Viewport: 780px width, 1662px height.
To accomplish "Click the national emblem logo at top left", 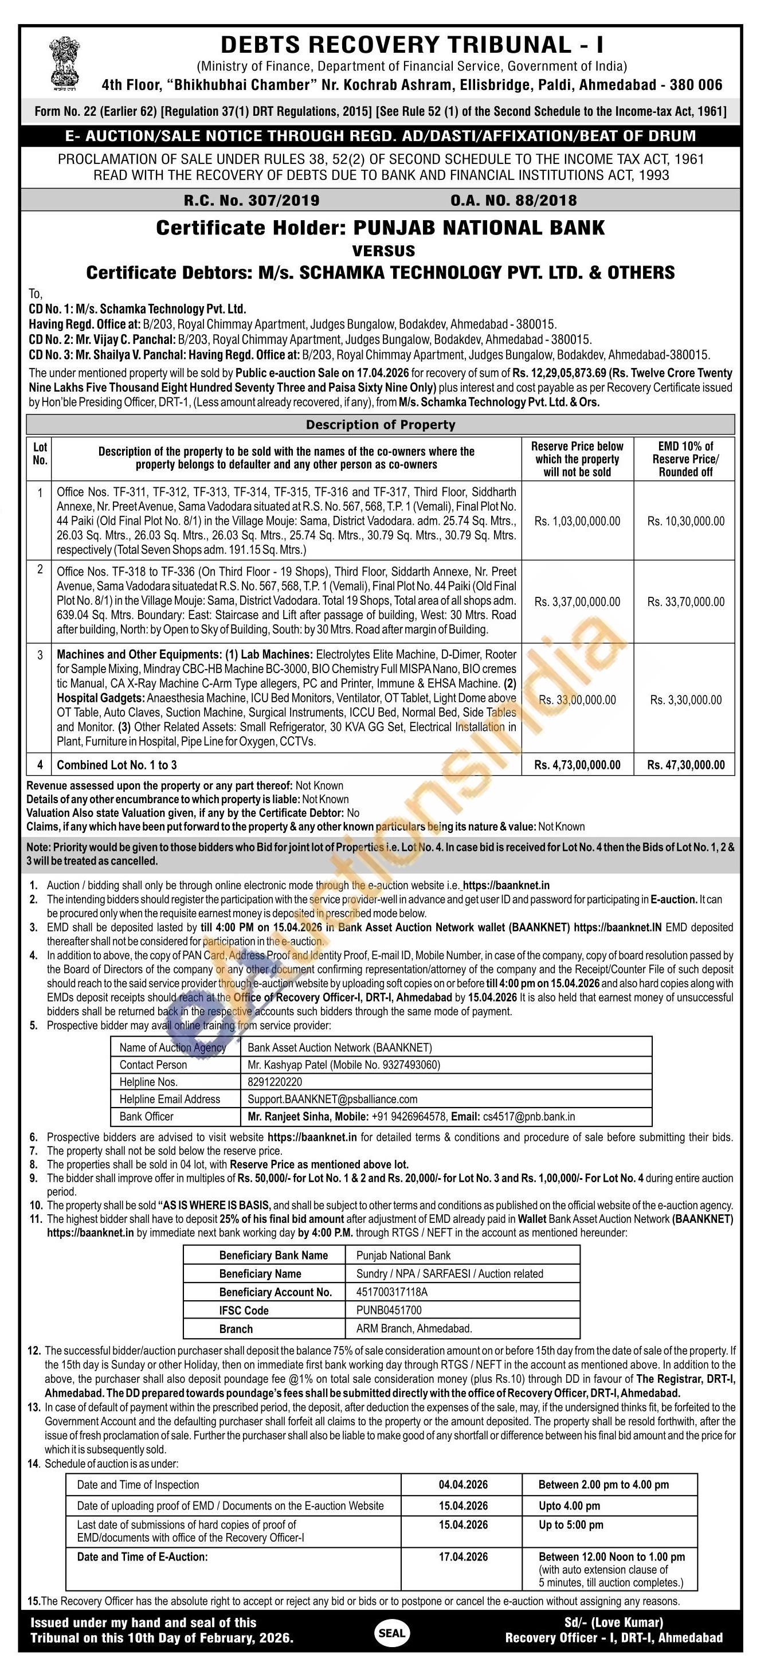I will (65, 63).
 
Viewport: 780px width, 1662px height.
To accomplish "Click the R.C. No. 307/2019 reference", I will (251, 200).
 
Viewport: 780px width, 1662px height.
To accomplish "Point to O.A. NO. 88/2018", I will (514, 200).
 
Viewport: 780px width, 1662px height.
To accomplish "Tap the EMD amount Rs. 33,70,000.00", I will (686, 601).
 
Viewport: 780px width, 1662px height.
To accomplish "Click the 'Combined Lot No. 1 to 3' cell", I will (117, 765).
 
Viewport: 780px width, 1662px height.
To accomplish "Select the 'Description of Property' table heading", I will (380, 425).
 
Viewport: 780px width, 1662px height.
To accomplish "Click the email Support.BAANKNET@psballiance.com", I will (332, 1099).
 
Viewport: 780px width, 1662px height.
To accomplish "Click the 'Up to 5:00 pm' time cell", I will (571, 1524).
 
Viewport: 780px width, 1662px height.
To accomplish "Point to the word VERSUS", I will (383, 251).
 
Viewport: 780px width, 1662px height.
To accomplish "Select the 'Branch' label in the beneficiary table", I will (236, 1328).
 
